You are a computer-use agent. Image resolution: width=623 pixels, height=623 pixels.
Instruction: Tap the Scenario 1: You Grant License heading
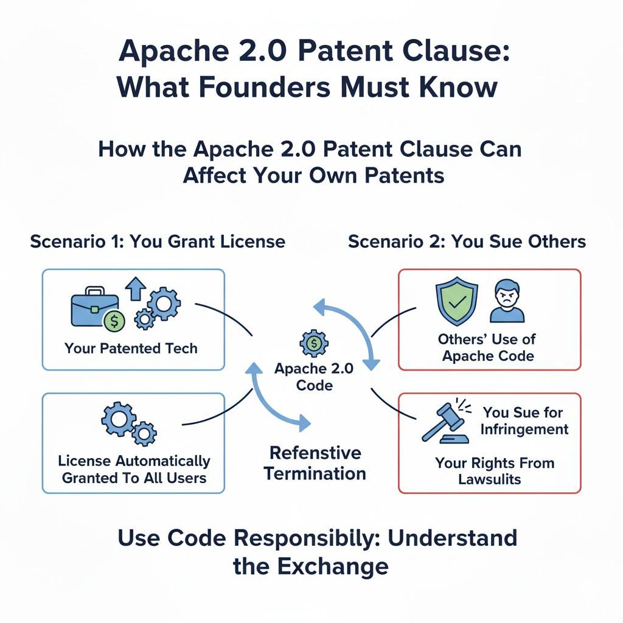click(x=158, y=241)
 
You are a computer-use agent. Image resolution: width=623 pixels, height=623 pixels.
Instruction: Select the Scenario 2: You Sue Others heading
click(x=467, y=241)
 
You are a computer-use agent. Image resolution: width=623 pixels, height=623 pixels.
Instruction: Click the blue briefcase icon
click(x=92, y=310)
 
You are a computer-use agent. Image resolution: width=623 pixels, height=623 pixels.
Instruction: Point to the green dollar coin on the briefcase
click(x=113, y=321)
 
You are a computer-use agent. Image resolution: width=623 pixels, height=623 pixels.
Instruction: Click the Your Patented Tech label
click(x=131, y=349)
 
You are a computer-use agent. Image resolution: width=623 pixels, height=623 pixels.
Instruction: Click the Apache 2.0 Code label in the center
click(x=313, y=377)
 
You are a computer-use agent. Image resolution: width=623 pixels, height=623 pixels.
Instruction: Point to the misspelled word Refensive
click(x=315, y=453)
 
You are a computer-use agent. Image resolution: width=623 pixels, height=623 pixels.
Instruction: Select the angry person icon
click(x=507, y=301)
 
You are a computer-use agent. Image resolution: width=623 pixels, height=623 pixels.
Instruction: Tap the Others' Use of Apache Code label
click(x=487, y=347)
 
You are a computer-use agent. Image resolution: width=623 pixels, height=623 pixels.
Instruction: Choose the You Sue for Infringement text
click(x=524, y=420)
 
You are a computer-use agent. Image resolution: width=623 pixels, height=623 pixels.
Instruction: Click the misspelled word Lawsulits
click(x=490, y=479)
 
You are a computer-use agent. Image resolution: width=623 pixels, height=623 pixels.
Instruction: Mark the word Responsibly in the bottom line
click(x=316, y=538)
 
